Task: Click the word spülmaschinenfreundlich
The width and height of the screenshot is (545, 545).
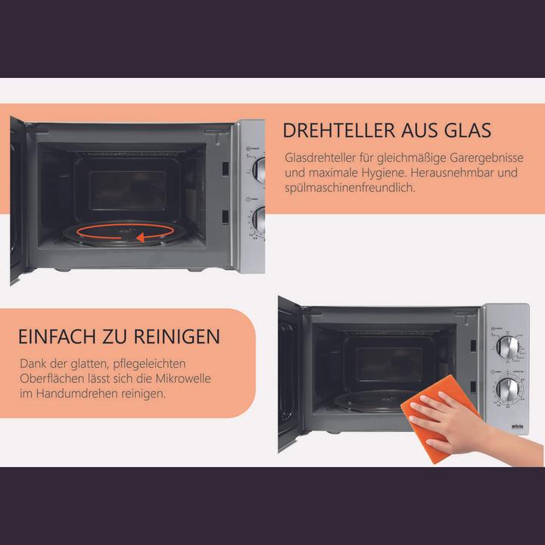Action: [x=350, y=188]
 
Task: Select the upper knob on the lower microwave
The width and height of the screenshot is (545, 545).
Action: [x=508, y=349]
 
